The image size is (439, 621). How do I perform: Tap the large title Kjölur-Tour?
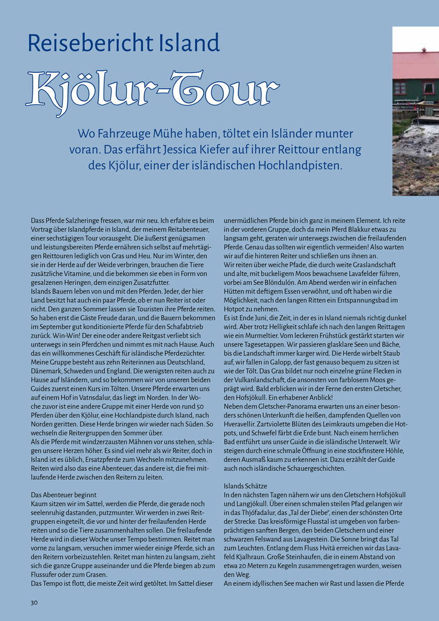(152, 92)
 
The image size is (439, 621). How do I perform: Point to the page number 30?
(34, 602)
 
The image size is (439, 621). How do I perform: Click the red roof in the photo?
(416, 65)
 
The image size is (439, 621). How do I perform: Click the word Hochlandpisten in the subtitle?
(291, 165)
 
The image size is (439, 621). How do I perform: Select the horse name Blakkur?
(351, 230)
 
